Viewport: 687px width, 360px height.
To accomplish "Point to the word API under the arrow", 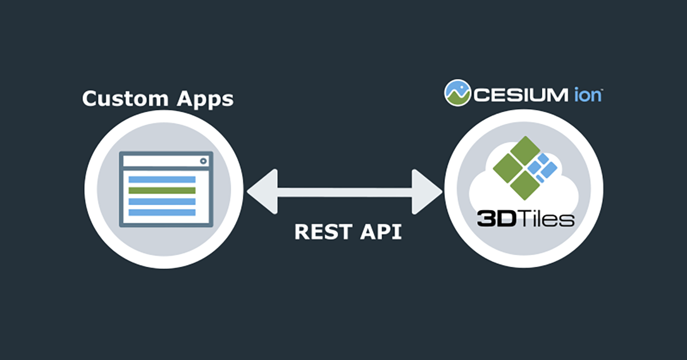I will click(x=378, y=231).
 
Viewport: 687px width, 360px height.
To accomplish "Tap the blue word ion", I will click(x=585, y=94).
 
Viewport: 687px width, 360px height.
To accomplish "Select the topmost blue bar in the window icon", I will click(x=162, y=180).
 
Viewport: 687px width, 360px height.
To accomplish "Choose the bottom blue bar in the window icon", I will click(x=162, y=212).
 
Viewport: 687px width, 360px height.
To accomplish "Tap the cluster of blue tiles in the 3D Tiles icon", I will click(x=542, y=167).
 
